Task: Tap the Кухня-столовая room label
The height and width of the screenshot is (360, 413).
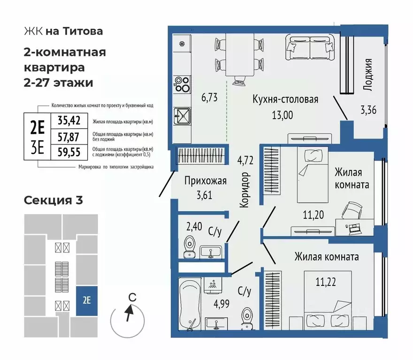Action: [285, 99]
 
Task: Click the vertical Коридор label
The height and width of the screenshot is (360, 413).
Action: [243, 190]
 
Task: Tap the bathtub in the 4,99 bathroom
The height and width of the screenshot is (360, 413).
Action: [191, 303]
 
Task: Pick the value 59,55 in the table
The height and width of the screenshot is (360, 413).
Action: [69, 153]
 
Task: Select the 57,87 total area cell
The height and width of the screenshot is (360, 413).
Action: [69, 137]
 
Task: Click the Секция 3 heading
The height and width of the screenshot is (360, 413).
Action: [53, 200]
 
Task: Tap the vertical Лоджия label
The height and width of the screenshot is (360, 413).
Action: [368, 74]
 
